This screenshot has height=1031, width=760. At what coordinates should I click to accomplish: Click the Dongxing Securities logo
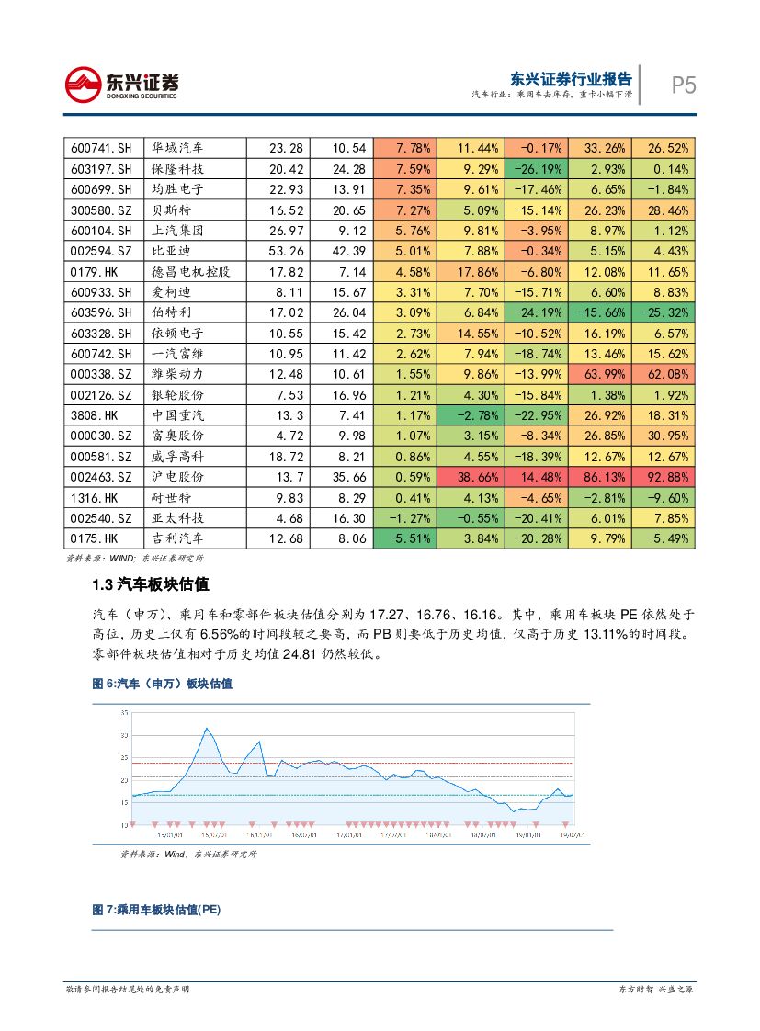121,85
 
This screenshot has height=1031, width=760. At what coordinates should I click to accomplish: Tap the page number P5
683,85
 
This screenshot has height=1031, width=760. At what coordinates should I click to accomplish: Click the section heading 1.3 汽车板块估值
151,584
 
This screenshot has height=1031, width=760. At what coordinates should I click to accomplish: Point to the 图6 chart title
162,684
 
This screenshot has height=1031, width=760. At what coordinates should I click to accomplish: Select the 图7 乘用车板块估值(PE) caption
156,910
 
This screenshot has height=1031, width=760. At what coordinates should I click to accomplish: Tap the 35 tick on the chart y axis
125,713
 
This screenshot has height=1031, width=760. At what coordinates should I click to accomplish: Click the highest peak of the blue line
207,729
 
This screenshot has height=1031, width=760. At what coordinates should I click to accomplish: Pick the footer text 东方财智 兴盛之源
655,989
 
